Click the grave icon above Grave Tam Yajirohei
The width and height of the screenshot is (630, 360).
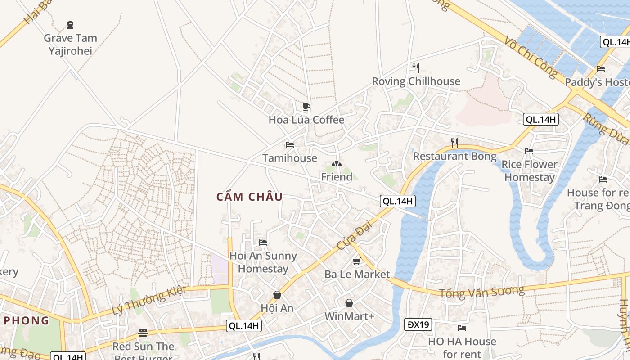[x=70, y=24]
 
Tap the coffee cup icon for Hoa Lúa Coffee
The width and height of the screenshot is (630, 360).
[x=306, y=107]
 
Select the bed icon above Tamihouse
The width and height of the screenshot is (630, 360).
[x=290, y=145]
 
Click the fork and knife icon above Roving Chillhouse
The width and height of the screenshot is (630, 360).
[x=416, y=68]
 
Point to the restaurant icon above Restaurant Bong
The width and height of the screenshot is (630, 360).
[x=454, y=143]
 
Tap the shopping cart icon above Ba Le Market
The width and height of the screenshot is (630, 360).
[x=357, y=261]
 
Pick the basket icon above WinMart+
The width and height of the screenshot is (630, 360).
[x=349, y=303]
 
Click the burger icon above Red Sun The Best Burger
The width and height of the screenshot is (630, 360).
[x=143, y=333]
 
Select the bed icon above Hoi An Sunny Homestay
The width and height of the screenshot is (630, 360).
[x=263, y=243]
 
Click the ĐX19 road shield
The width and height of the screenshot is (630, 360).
[x=418, y=324]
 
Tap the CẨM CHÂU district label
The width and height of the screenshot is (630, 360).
[x=249, y=197]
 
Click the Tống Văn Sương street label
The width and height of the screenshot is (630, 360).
[x=482, y=292]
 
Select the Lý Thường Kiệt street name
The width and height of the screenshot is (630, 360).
[x=148, y=300]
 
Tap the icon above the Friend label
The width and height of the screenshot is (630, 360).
[x=336, y=164]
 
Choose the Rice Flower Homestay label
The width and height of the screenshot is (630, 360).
[x=529, y=171]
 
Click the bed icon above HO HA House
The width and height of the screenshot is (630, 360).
[x=462, y=328]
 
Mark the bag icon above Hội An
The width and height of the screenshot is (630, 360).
[x=277, y=295]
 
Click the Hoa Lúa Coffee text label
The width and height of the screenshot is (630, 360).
[x=306, y=120]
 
